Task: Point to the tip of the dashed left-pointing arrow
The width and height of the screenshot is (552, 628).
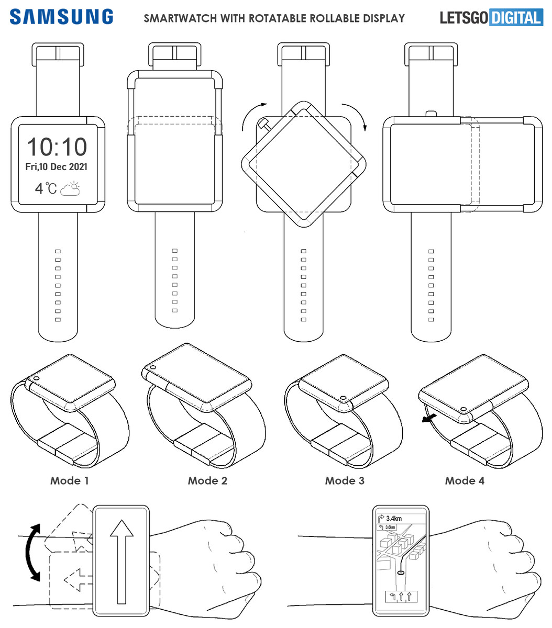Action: pyautogui.click(x=64, y=580)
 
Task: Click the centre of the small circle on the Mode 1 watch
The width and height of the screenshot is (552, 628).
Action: pyautogui.click(x=36, y=378)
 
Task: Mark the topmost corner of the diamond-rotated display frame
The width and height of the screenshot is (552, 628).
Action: pyautogui.click(x=303, y=101)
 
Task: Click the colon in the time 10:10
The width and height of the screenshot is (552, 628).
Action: pyautogui.click(x=57, y=148)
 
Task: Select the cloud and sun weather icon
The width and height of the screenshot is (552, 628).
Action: pyautogui.click(x=70, y=188)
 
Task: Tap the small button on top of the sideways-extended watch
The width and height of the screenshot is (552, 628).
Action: pyautogui.click(x=431, y=114)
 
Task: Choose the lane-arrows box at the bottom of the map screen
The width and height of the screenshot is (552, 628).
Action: pyautogui.click(x=401, y=597)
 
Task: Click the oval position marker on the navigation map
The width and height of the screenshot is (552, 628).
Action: pyautogui.click(x=401, y=573)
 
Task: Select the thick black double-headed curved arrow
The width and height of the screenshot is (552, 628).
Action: pyautogui.click(x=33, y=552)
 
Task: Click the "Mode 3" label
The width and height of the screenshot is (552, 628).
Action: pyautogui.click(x=345, y=480)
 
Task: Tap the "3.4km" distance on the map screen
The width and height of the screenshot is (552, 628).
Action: pyautogui.click(x=394, y=518)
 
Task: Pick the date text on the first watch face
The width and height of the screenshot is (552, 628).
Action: pyautogui.click(x=56, y=167)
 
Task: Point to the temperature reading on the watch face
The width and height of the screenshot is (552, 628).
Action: pyautogui.click(x=46, y=188)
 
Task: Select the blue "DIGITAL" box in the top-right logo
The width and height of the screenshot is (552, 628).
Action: pyautogui.click(x=516, y=17)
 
